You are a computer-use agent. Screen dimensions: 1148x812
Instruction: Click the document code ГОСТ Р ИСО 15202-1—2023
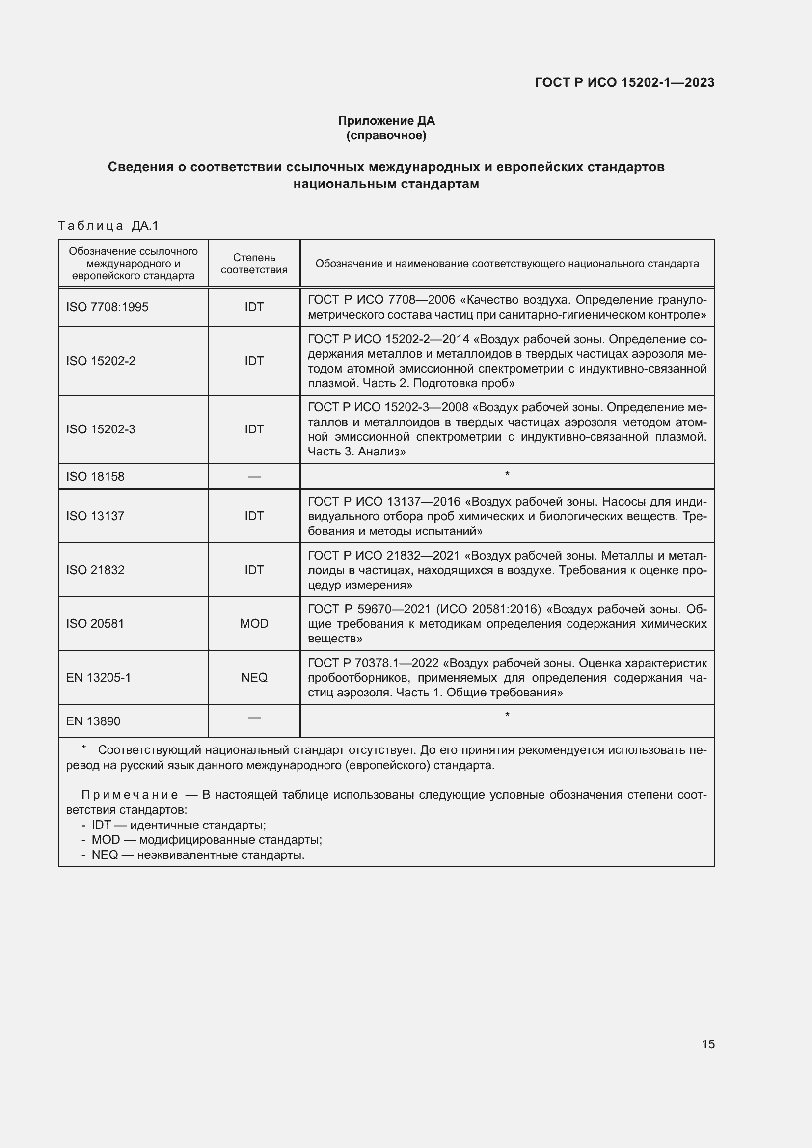624,82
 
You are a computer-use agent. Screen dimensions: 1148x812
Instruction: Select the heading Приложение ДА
386,121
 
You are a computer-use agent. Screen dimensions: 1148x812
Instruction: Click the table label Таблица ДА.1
108,226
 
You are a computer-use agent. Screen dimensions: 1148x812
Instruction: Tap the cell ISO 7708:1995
107,307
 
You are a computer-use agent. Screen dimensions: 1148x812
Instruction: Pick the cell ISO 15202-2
101,361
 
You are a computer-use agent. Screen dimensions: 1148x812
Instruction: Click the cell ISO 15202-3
101,429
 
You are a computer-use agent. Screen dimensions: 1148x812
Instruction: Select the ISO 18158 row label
95,477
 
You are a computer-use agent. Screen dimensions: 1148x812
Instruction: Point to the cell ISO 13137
95,516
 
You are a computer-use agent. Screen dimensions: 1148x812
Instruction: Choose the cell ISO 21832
95,570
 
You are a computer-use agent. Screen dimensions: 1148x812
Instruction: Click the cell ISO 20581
95,623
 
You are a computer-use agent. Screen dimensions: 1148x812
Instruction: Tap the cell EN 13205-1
99,677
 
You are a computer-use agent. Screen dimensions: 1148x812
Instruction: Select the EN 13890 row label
93,721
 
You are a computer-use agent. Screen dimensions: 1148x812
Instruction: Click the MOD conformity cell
254,623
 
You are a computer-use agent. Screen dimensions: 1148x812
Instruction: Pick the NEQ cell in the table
254,677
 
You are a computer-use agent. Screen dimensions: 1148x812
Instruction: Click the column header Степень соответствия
254,264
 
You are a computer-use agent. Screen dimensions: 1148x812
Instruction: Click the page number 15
708,1044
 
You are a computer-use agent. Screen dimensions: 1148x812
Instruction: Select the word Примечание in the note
130,795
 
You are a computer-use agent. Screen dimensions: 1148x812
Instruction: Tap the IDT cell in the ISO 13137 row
254,516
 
